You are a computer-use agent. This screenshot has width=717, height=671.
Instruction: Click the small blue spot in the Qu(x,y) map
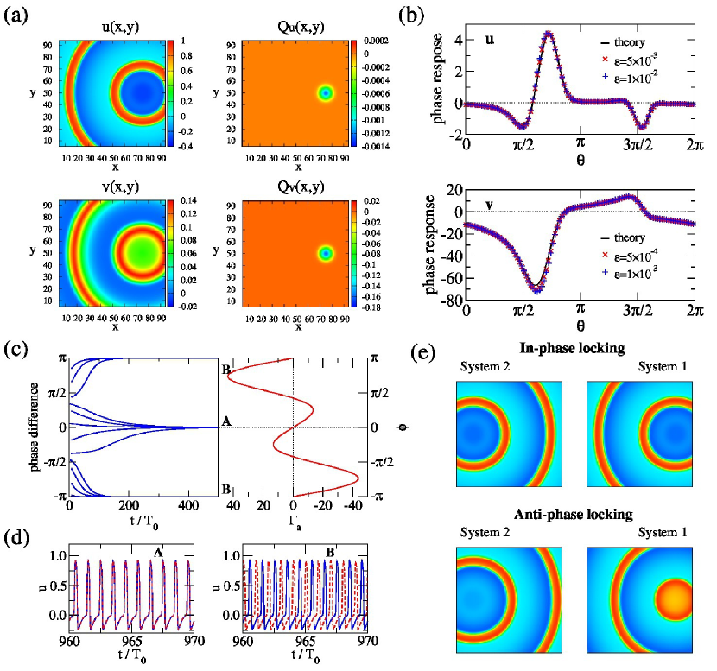point(325,92)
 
